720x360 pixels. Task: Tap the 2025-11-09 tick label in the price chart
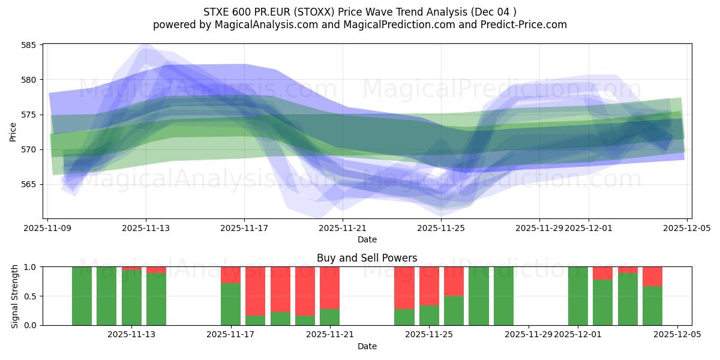pos(48,228)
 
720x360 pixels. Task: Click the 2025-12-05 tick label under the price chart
pos(687,228)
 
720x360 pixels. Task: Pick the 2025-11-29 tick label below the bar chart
pos(529,335)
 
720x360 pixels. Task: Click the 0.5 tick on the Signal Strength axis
pos(31,296)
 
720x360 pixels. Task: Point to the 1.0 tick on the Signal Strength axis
pos(31,267)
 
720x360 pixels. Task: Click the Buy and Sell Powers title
pos(367,258)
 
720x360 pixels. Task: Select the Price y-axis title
pos(13,131)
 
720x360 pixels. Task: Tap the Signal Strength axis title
pos(14,296)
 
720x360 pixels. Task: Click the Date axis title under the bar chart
pos(367,346)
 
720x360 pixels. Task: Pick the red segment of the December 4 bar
pos(652,276)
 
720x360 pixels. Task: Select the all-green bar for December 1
pos(578,296)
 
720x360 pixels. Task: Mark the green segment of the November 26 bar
pos(454,311)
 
